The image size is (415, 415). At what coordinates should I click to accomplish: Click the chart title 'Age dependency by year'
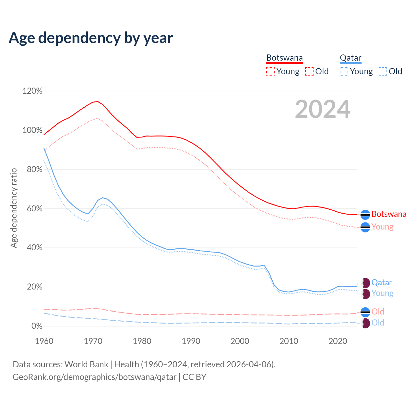(x=91, y=38)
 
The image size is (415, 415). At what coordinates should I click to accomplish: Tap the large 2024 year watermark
(x=323, y=109)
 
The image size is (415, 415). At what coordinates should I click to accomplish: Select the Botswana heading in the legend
(x=284, y=58)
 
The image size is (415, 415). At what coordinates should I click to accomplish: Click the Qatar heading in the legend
(x=350, y=58)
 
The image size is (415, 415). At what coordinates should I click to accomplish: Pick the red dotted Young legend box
(x=270, y=71)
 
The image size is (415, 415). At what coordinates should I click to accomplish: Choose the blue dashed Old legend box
(x=383, y=71)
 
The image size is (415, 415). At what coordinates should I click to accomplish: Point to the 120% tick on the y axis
(x=32, y=91)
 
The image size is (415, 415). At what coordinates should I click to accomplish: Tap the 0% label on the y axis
(x=37, y=326)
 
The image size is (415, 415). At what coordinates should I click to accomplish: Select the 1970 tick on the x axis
(x=93, y=341)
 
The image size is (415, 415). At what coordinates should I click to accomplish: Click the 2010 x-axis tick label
(x=289, y=341)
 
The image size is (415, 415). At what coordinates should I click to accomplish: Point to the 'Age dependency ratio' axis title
(x=14, y=208)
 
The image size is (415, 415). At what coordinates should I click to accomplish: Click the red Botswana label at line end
(x=389, y=214)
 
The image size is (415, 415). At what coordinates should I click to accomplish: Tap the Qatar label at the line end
(x=382, y=283)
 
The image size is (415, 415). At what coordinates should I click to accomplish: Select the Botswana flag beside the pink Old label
(x=365, y=312)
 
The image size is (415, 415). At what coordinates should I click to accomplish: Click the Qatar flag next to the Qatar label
(x=365, y=283)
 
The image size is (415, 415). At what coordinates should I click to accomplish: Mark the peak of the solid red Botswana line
(x=97, y=101)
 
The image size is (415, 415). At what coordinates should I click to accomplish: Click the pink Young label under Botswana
(x=382, y=227)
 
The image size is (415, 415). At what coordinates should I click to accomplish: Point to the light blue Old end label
(x=378, y=323)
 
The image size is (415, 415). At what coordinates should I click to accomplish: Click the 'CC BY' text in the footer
(x=194, y=377)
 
